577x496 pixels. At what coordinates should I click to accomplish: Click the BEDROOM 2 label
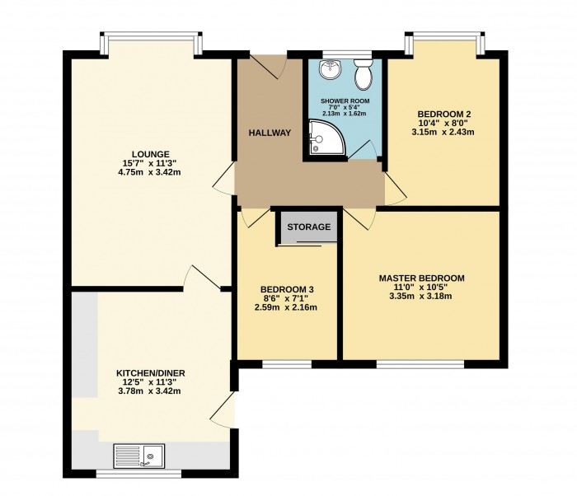pos(443,114)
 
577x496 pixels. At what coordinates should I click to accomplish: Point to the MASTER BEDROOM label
pos(421,278)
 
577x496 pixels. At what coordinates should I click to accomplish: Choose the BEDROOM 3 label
pos(286,289)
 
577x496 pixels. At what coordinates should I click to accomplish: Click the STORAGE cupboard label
pos(309,227)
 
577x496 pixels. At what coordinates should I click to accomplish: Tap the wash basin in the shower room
pos(330,71)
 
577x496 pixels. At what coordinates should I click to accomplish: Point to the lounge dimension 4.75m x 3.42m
pos(150,172)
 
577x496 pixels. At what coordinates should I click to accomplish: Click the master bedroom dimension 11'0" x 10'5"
pos(421,288)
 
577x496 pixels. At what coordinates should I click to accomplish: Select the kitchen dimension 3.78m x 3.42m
pos(150,391)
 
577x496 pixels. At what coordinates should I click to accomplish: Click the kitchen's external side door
pos(223,409)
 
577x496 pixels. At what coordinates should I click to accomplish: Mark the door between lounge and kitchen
pos(197,278)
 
